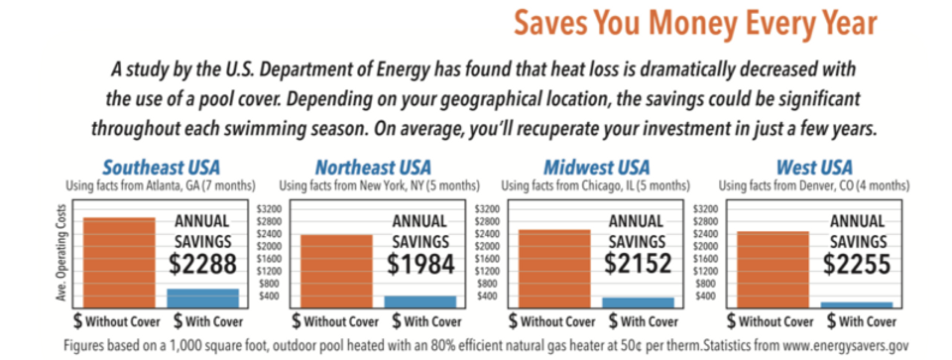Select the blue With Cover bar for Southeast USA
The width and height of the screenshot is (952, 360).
coord(202,298)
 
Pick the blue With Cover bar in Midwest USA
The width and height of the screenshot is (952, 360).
coord(638,301)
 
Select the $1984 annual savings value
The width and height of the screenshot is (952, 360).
coord(420,264)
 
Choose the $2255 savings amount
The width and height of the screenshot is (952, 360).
coord(858,264)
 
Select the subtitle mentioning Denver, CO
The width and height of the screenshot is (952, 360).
coord(814,184)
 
